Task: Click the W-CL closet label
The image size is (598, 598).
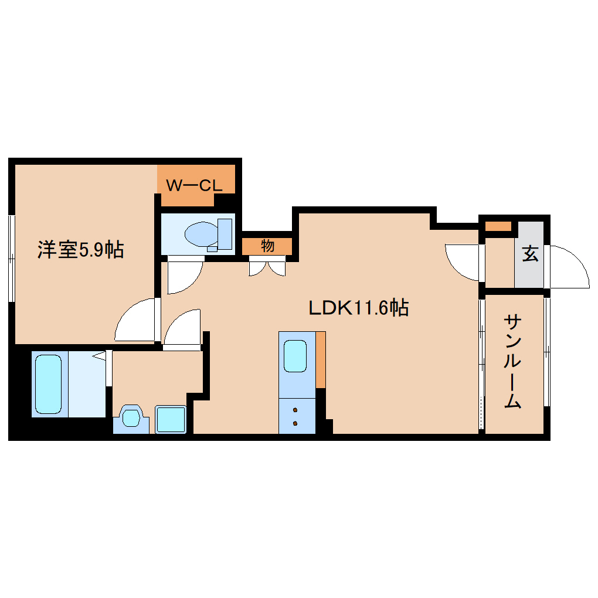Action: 194,186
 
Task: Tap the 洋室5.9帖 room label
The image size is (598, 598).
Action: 80,250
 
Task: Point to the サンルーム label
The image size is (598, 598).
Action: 513,362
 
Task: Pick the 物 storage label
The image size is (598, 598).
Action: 267,246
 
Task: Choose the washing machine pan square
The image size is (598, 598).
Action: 171,419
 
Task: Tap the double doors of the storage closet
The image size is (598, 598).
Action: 267,267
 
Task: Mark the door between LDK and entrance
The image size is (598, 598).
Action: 463,261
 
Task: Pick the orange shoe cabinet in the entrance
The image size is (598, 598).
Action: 498,226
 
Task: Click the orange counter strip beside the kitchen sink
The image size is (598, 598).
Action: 320,359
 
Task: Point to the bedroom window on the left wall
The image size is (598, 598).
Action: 11,258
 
